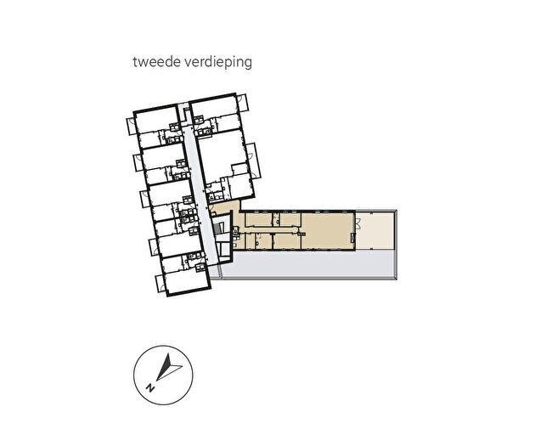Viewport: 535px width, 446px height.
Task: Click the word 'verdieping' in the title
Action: (x=218, y=63)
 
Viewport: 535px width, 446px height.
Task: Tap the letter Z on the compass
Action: (x=149, y=387)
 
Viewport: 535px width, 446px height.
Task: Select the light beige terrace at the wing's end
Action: (x=374, y=230)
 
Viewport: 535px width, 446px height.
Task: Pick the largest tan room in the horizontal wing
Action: (x=327, y=231)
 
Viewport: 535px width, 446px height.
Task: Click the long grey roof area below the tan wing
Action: (x=307, y=264)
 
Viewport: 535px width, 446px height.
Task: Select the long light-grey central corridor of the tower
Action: (x=200, y=195)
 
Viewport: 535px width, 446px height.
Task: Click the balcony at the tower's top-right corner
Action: (x=243, y=102)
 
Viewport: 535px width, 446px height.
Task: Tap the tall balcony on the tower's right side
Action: (x=253, y=160)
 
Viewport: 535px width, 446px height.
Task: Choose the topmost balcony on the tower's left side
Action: (x=131, y=127)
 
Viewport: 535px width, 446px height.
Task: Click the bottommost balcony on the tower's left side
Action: (x=160, y=284)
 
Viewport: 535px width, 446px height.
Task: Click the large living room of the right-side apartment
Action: (x=221, y=153)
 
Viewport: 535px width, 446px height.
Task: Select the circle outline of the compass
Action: (x=133, y=375)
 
